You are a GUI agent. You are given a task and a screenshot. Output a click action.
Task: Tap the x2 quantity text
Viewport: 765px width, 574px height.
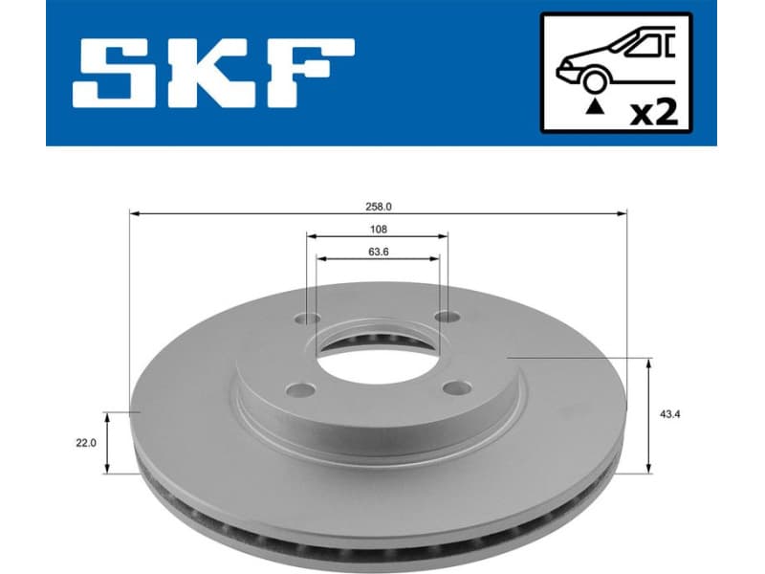(656, 113)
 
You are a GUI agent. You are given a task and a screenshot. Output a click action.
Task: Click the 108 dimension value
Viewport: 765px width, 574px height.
(377, 230)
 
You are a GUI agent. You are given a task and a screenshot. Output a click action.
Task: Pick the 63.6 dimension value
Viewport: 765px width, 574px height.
(377, 254)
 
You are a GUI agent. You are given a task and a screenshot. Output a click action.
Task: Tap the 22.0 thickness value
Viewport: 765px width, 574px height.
(86, 442)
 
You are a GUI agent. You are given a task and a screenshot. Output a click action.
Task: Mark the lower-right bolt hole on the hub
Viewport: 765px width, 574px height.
(460, 387)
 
